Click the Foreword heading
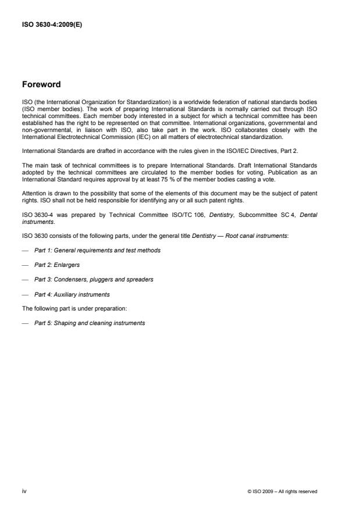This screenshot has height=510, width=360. pyautogui.click(x=41, y=84)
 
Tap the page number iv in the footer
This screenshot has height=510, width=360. pyautogui.click(x=24, y=491)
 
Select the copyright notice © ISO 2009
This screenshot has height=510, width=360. pyautogui.click(x=282, y=491)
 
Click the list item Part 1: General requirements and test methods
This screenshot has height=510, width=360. pyautogui.click(x=97, y=250)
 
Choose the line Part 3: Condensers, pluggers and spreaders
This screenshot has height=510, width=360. pyautogui.click(x=94, y=280)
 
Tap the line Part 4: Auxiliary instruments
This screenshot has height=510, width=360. pyautogui.click(x=72, y=294)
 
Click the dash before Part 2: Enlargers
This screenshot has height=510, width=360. pyautogui.click(x=24, y=265)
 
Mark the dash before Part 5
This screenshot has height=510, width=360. pyautogui.click(x=24, y=323)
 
